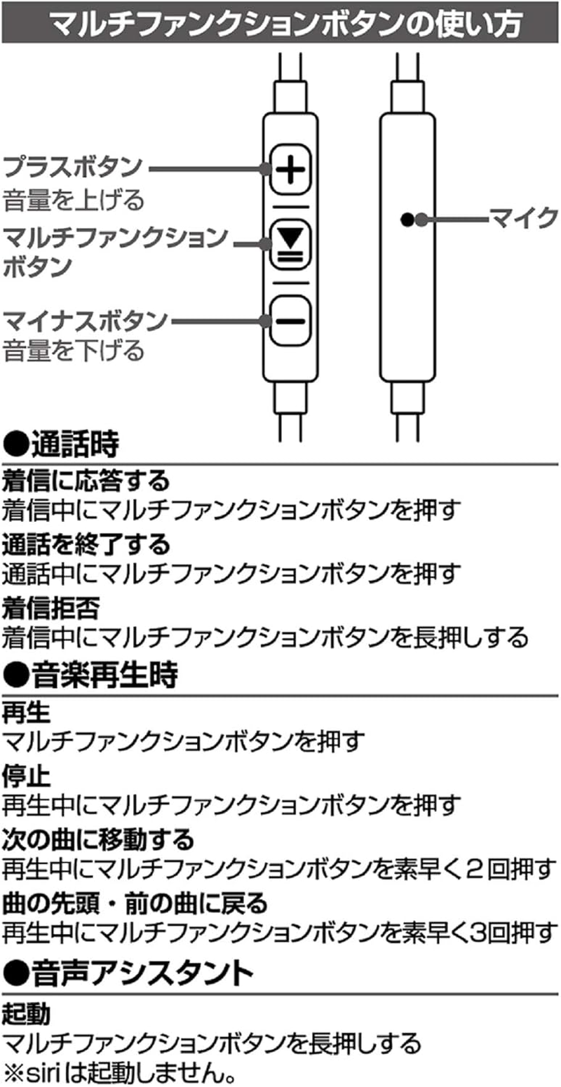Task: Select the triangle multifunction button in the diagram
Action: pos(290,245)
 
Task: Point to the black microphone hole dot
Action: pos(406,220)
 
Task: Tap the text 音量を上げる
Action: pos(73,200)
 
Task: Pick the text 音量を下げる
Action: pos(73,351)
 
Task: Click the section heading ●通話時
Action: pos(61,444)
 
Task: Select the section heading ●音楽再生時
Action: pos(90,676)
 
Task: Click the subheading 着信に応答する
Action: pos(86,480)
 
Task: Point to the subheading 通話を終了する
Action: pos(86,543)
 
